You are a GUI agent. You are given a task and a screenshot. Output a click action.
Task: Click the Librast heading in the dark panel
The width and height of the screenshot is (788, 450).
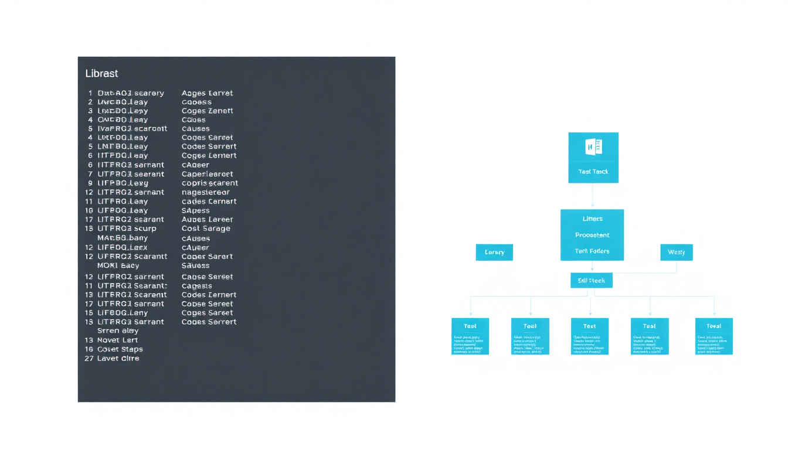[x=101, y=74]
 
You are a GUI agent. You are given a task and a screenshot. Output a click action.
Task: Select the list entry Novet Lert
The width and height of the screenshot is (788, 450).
[x=117, y=340]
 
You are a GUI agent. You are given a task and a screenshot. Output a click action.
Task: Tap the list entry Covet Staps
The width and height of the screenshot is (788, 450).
[x=120, y=349]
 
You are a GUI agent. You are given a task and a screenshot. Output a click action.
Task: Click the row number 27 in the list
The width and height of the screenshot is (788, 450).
[x=89, y=358]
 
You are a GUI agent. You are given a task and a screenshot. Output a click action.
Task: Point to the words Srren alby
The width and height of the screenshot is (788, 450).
[x=117, y=330]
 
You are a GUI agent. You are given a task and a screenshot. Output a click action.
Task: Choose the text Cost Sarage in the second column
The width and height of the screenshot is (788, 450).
[x=206, y=229]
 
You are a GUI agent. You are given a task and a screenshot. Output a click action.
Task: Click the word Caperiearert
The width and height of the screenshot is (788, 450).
[x=207, y=174]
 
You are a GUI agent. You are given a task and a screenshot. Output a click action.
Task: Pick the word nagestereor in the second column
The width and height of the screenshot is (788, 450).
[x=205, y=192]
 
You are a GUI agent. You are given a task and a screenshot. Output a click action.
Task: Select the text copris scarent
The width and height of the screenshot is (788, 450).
[x=209, y=183]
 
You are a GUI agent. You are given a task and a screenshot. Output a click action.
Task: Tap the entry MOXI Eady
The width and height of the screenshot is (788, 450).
[x=118, y=265]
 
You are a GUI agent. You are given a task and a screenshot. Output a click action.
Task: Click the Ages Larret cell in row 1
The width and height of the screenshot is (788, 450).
[x=207, y=93]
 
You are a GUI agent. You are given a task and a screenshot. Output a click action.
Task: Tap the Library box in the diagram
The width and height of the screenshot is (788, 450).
[x=494, y=252]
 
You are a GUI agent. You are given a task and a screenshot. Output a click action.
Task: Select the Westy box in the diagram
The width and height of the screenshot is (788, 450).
[x=676, y=252]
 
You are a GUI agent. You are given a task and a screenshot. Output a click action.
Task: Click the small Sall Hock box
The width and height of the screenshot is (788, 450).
[x=591, y=281]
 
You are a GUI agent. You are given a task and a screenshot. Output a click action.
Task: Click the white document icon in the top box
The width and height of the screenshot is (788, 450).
[x=593, y=146]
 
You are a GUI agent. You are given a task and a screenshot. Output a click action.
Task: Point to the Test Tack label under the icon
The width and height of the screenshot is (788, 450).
[x=593, y=172]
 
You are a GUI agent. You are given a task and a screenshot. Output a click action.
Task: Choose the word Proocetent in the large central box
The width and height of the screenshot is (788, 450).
[x=592, y=235]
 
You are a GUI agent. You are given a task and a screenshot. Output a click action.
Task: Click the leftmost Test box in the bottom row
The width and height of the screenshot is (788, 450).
[x=470, y=336]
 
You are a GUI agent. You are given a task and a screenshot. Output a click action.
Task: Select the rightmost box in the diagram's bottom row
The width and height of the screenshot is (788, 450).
[x=714, y=336]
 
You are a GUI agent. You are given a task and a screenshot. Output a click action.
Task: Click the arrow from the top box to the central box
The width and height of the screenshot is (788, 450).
[x=593, y=196]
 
